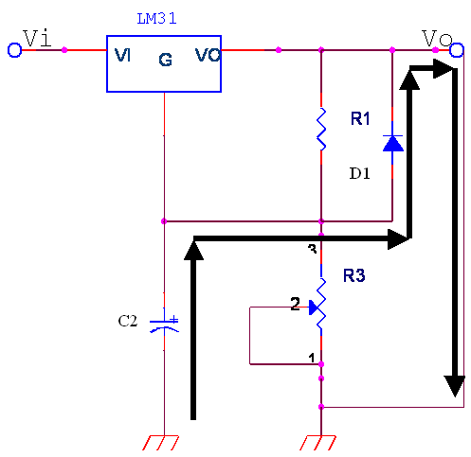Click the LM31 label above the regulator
156,19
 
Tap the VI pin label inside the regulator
122,55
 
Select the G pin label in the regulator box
165,60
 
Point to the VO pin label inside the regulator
208,55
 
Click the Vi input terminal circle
14,50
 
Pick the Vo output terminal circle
457,50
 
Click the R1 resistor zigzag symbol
321,129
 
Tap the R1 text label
360,119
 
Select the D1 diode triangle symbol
392,143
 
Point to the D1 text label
359,173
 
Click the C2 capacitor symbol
164,325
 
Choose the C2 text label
128,321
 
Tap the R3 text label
354,275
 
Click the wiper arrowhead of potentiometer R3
314,308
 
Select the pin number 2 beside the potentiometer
295,304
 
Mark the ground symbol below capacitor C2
160,443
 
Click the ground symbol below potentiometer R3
317,443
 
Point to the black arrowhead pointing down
455,385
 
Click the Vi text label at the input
37,38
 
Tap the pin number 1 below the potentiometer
312,358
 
